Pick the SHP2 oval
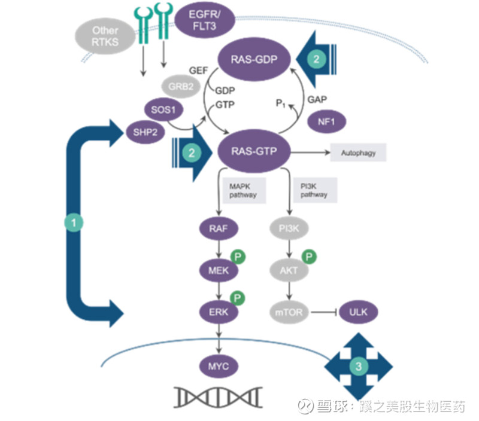pyautogui.click(x=145, y=132)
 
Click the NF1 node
pyautogui.click(x=328, y=122)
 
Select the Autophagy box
pyautogui.click(x=359, y=153)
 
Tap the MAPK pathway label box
pyautogui.click(x=242, y=190)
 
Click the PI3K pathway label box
pyautogui.click(x=314, y=190)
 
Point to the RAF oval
pyautogui.click(x=219, y=228)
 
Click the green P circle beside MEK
pyautogui.click(x=239, y=257)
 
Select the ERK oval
pyautogui.click(x=219, y=311)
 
